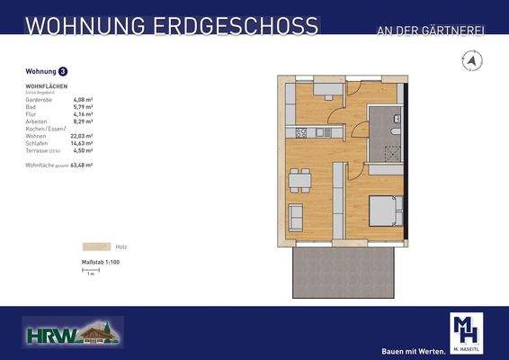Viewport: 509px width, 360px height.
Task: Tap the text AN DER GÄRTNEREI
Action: tap(430, 32)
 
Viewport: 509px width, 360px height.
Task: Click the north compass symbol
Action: tap(470, 61)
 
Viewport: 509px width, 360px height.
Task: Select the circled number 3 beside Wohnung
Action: tap(62, 70)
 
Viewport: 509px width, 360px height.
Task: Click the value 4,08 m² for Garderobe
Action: tap(83, 100)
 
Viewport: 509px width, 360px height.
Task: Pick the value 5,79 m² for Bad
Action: tap(83, 107)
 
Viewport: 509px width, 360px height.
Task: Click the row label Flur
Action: tap(30, 114)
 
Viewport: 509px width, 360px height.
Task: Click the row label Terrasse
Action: tap(37, 149)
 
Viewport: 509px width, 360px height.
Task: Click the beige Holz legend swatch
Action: tap(94, 246)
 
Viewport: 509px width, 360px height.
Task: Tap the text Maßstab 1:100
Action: tap(102, 261)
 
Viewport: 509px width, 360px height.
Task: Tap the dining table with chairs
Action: tap(299, 180)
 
